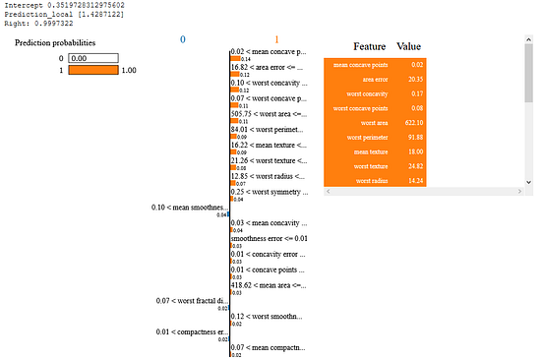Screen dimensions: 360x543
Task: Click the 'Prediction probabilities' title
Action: [60, 44]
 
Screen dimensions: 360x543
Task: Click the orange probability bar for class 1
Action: [92, 71]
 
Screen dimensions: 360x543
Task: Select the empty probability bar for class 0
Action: [92, 58]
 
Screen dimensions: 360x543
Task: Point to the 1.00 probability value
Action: [129, 71]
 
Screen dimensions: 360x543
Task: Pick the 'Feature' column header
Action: [370, 46]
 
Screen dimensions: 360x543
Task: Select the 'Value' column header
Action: [409, 46]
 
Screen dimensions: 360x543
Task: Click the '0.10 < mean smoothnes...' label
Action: [189, 208]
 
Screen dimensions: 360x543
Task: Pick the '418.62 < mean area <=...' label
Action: [269, 285]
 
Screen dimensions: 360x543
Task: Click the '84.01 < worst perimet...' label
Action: [269, 128]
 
